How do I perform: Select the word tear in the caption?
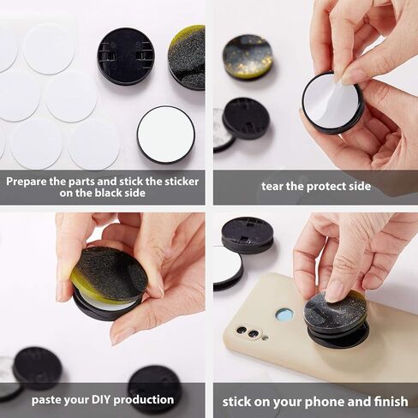point(272,186)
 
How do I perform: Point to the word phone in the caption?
point(325,402)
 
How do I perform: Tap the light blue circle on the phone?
point(285,315)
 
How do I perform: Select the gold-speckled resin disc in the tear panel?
point(248,57)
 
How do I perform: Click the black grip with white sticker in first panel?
point(166,134)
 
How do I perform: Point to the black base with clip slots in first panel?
point(126,57)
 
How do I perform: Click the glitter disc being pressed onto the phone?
point(335,312)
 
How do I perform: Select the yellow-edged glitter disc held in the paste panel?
point(109,274)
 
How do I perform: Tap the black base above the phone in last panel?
point(248,235)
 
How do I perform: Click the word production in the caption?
point(144,400)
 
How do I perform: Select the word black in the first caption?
point(107,193)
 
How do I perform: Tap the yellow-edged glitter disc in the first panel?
point(187,57)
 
